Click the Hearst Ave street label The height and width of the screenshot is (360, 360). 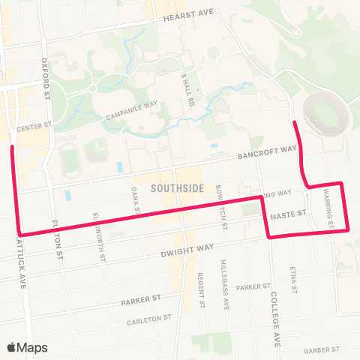click(189, 14)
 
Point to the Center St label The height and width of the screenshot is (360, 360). click(32, 127)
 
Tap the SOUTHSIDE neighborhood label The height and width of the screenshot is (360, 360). click(176, 189)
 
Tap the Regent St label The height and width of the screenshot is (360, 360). click(202, 290)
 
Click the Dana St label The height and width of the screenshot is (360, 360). click(135, 200)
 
